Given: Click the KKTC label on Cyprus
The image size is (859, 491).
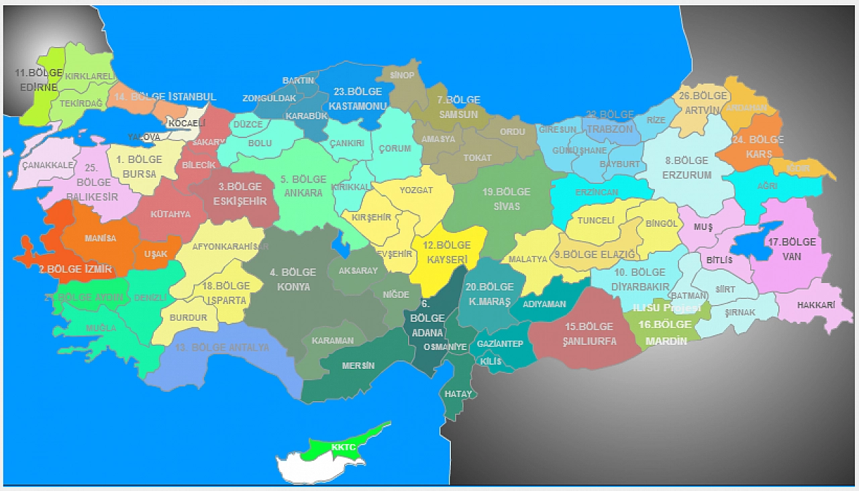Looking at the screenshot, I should (x=343, y=447).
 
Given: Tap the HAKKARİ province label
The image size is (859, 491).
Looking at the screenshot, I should (x=815, y=305).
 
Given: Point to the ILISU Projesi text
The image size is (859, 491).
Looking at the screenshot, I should (x=666, y=308).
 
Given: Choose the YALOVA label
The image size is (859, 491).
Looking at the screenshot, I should (x=144, y=137).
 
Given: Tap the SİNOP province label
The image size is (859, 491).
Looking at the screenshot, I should (x=402, y=75).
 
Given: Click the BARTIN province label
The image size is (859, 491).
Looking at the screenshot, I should (x=298, y=80).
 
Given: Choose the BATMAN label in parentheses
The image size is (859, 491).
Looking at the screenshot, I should (x=689, y=295).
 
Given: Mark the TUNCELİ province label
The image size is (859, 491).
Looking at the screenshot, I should (x=596, y=220).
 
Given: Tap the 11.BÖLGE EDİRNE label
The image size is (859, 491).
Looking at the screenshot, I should (x=39, y=79).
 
